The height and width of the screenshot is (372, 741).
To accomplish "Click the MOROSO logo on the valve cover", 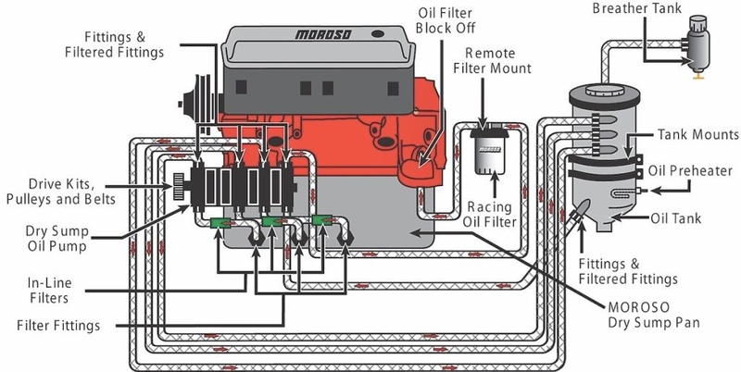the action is click(x=323, y=34).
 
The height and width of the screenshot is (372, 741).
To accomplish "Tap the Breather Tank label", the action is click(x=637, y=8).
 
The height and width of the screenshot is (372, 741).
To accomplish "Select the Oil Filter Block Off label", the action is click(x=446, y=20).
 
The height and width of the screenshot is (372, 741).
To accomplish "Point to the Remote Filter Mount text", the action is click(x=493, y=60).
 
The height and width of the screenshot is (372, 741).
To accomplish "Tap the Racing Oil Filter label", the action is click(x=490, y=214).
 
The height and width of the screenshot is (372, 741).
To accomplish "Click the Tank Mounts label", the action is click(x=698, y=134).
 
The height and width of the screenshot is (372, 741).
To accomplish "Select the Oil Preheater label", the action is click(x=690, y=170).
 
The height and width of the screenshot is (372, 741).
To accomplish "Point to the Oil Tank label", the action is click(x=676, y=218).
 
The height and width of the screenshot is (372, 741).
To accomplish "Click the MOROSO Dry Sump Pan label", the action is click(x=653, y=315).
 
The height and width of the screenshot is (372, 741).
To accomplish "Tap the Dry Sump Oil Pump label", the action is click(x=57, y=239).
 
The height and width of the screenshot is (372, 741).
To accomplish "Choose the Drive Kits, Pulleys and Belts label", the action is click(x=61, y=192).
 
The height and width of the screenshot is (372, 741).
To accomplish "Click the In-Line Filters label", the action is click(x=49, y=291).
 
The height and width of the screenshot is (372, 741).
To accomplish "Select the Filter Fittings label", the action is click(x=58, y=326).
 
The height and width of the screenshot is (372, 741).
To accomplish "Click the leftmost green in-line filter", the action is click(x=220, y=222).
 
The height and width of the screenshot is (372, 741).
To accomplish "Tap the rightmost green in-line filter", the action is click(x=322, y=219).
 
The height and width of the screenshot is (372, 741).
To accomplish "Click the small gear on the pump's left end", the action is click(x=179, y=187).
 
